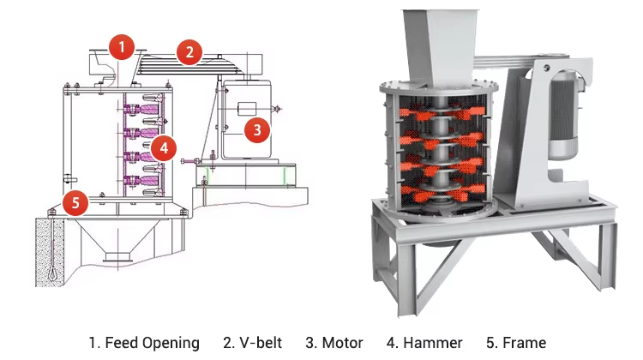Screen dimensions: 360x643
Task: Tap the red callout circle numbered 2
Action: tap(189, 52)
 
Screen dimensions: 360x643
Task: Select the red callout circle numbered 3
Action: tap(256, 130)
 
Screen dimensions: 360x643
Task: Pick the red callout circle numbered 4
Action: tap(165, 147)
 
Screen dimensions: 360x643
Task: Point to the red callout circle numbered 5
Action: tap(76, 203)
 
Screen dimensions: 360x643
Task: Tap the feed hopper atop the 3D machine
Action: tap(439, 43)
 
